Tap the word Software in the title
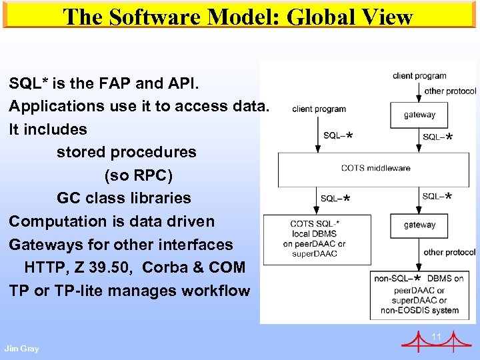[x=158, y=17]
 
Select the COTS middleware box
[x=375, y=169]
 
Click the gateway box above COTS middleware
[x=419, y=115]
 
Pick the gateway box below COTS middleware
[x=419, y=225]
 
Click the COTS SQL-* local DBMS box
[x=315, y=239]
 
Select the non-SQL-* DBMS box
[x=420, y=294]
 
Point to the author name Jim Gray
[x=21, y=349]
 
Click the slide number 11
[x=437, y=337]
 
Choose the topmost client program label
[x=419, y=76]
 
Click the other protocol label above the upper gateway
[x=450, y=91]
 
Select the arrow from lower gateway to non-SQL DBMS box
[x=420, y=256]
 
